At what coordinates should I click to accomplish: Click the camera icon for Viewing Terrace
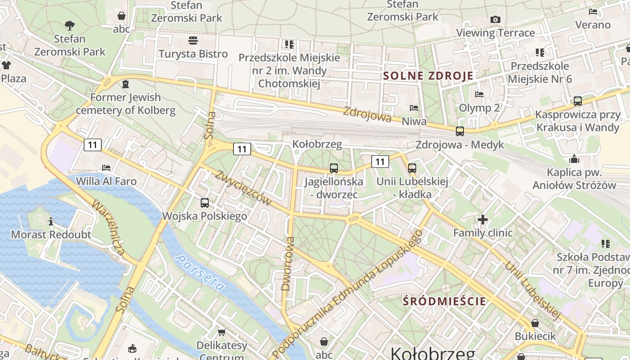(x=495, y=19)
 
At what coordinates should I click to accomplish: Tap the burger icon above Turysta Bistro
(x=193, y=40)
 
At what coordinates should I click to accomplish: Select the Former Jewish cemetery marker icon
(x=125, y=84)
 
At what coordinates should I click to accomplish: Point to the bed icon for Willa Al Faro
(x=106, y=168)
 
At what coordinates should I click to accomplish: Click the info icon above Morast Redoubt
(x=51, y=221)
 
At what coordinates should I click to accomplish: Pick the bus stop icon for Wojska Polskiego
(x=205, y=202)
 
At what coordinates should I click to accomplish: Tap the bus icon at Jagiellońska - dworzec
(x=333, y=168)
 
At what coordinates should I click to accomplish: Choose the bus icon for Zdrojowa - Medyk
(x=459, y=131)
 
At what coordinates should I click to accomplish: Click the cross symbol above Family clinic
(x=483, y=220)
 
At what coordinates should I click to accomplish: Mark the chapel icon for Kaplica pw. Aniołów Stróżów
(x=574, y=159)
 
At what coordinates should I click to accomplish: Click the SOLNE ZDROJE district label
(x=428, y=76)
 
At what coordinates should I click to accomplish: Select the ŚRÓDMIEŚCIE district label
(x=444, y=301)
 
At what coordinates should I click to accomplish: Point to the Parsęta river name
(x=200, y=273)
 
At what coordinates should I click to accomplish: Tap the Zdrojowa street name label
(x=367, y=114)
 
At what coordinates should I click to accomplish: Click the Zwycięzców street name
(x=243, y=188)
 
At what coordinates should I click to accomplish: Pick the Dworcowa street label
(x=288, y=264)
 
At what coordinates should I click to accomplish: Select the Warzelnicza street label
(x=108, y=227)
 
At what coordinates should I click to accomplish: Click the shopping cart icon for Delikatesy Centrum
(x=221, y=332)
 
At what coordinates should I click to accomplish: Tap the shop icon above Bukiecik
(x=535, y=323)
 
